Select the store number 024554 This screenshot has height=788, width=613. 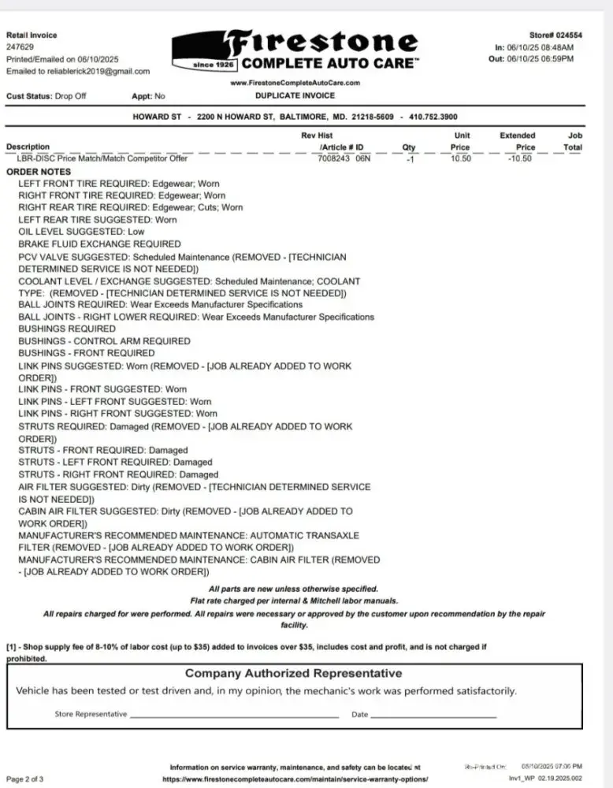569,35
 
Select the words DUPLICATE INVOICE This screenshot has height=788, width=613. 295,96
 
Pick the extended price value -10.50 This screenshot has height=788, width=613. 519,158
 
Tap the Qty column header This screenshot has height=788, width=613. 409,147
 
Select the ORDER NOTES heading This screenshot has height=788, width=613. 39,171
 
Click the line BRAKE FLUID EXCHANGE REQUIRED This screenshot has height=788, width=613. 99,244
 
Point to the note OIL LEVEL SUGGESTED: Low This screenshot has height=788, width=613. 81,232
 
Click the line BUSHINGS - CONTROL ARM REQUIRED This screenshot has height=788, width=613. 104,341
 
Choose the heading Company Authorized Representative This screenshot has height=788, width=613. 293,673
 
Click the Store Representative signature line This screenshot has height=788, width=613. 233,716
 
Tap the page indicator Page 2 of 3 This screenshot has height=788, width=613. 25,779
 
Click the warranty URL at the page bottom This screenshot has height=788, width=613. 295,779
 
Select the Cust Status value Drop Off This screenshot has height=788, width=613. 70,96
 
